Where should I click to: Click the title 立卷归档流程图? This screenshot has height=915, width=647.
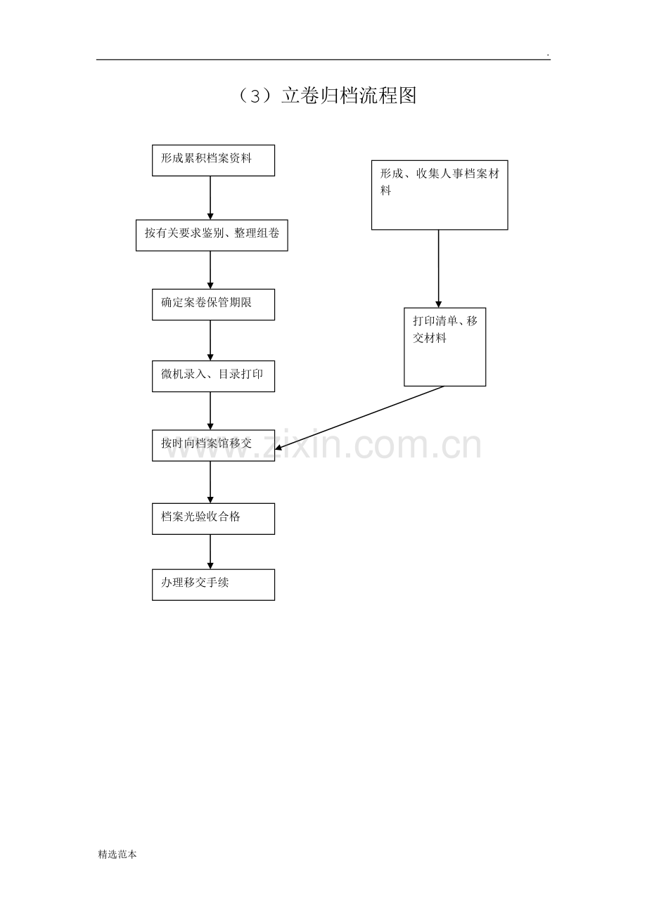tap(349, 96)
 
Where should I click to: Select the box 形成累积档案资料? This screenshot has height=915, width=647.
tap(213, 160)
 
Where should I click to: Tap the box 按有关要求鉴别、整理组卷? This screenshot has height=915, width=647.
tap(212, 235)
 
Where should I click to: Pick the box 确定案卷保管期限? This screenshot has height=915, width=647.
tap(213, 305)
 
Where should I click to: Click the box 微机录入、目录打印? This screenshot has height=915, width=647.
tap(213, 376)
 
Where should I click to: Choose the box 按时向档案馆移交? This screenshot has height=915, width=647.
tap(213, 446)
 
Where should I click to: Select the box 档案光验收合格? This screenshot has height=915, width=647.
tap(213, 519)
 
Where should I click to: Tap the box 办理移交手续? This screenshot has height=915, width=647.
tap(213, 585)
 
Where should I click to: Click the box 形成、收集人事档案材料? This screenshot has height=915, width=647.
tap(440, 195)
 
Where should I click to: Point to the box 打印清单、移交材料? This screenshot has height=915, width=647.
tap(445, 346)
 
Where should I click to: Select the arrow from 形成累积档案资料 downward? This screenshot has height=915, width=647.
tap(210, 198)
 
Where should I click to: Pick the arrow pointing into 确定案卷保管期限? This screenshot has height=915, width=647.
tap(210, 270)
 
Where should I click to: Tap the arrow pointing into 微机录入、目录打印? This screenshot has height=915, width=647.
tap(210, 340)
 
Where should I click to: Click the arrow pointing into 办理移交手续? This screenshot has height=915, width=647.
tap(210, 552)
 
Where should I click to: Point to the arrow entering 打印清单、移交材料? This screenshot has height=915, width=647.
tap(439, 268)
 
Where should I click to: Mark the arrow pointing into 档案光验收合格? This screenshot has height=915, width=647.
tap(210, 482)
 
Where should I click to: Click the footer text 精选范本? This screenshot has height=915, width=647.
tap(117, 855)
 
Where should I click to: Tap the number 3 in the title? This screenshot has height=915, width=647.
tap(255, 97)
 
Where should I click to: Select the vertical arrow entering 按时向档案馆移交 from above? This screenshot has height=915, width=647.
tap(210, 411)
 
